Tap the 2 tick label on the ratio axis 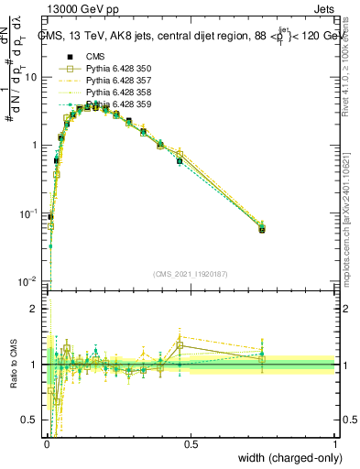37,310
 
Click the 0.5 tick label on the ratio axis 32,420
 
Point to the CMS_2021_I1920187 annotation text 191,274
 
